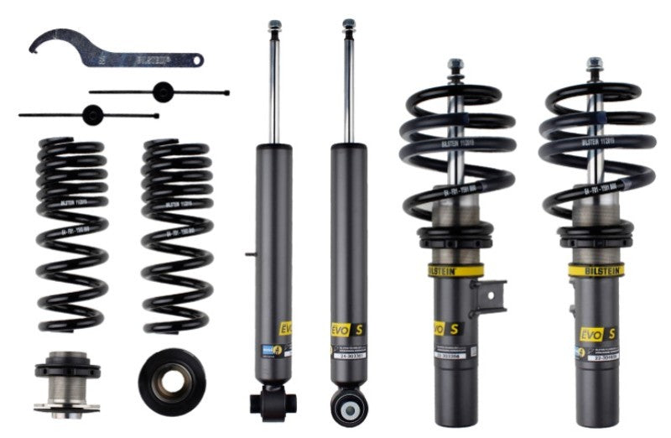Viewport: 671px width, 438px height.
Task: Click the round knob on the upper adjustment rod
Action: [x=162, y=91]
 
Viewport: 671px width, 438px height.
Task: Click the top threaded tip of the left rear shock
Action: [x=273, y=26]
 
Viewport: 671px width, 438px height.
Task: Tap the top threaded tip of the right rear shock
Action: [x=348, y=25]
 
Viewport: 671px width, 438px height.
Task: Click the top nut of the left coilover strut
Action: [x=455, y=65]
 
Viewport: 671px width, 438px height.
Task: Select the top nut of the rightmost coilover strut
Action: [x=595, y=64]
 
